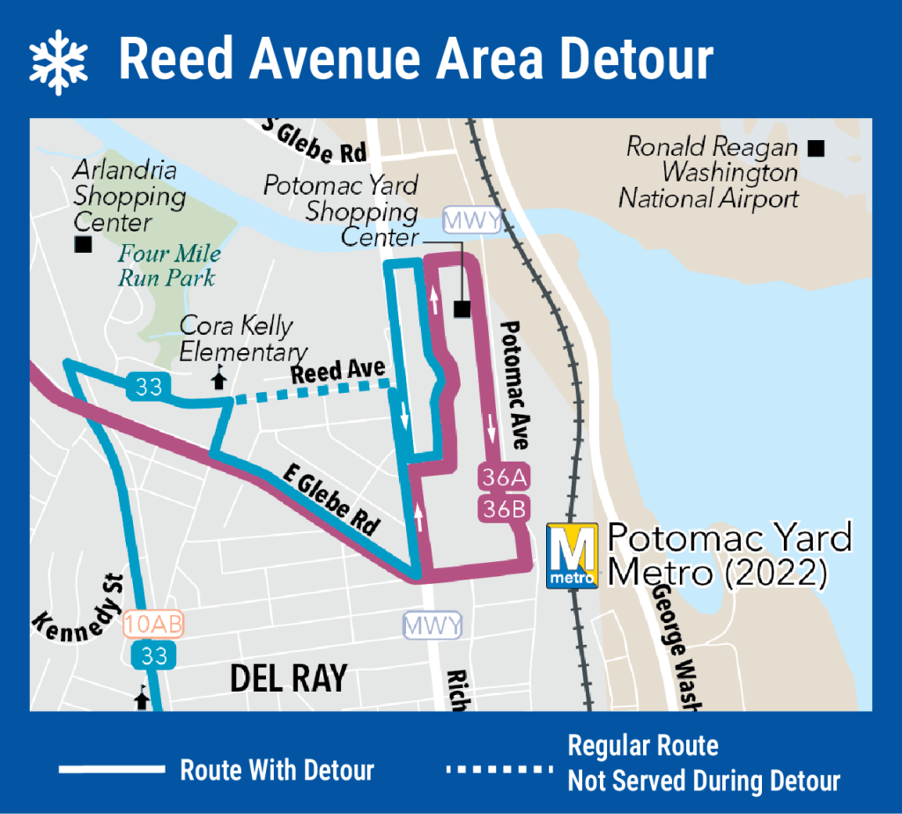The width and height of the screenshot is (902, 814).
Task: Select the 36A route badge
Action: click(x=503, y=477)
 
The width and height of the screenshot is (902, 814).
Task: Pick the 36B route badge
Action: click(x=503, y=507)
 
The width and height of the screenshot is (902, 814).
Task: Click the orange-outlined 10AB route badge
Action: click(x=154, y=625)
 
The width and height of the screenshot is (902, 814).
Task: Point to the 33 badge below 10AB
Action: click(x=154, y=655)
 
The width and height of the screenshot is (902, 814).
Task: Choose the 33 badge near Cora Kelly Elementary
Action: click(x=149, y=386)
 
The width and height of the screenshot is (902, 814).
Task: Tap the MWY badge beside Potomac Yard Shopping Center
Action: click(x=472, y=220)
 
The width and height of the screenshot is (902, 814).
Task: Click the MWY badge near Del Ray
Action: click(x=432, y=626)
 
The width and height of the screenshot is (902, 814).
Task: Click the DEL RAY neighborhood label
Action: click(x=288, y=678)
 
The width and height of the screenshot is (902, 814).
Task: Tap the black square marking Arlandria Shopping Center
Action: click(x=84, y=245)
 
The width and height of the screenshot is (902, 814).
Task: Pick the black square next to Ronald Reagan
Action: click(x=816, y=148)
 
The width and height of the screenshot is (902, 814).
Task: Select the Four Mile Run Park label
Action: click(x=170, y=266)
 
